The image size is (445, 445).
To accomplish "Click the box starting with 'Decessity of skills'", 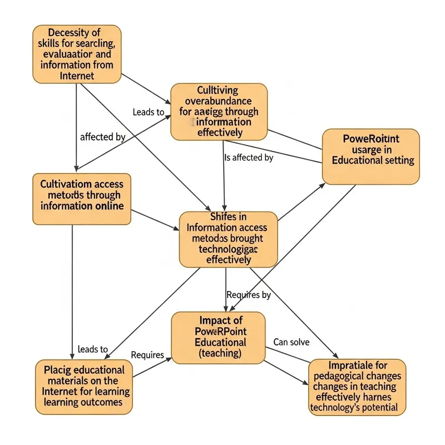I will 77,55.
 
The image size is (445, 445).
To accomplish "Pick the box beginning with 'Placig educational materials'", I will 83,387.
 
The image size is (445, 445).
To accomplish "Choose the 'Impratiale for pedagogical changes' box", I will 357,387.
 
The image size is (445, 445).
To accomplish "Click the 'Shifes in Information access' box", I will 228,239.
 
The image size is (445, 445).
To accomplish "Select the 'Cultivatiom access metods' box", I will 82,199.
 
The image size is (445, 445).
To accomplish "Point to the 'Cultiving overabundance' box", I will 219,111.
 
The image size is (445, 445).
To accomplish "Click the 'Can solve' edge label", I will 291,342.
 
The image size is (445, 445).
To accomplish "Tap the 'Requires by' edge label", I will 249,295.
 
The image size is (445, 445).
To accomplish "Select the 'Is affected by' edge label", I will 249,157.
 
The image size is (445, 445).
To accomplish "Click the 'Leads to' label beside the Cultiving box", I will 149,112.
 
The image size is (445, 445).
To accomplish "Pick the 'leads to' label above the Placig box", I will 92,349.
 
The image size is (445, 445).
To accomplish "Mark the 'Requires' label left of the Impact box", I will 147,354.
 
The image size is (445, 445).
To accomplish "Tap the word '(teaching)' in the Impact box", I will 220,353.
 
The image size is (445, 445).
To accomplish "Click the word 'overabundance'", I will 217,101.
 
